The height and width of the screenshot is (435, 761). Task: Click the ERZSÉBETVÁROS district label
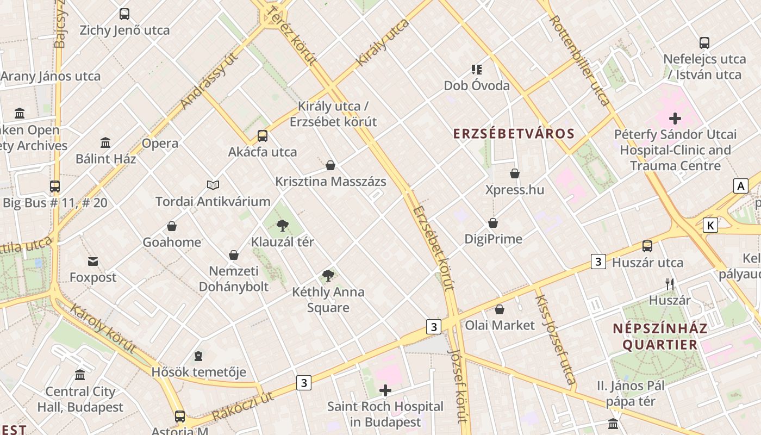tap(514, 134)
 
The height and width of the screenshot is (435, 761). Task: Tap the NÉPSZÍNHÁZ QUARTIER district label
tap(660, 337)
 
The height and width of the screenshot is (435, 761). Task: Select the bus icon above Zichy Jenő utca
tap(124, 14)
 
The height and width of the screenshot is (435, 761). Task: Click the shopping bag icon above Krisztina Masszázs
tap(330, 165)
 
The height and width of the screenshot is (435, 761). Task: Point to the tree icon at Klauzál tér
tap(282, 226)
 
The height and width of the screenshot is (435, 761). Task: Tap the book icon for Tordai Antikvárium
tap(213, 186)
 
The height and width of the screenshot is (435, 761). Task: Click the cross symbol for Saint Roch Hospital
tap(385, 390)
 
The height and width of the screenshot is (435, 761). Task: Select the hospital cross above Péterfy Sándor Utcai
tap(675, 118)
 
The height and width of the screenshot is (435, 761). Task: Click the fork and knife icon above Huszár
tap(670, 284)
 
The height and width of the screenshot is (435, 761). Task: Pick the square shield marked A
tap(740, 186)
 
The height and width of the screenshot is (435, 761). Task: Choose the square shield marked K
tap(710, 225)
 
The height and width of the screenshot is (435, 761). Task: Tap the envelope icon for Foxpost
tap(93, 262)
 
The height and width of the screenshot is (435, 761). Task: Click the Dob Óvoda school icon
tap(477, 70)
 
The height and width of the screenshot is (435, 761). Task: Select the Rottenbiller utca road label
tap(579, 60)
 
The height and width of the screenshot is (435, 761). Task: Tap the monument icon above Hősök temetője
tap(198, 356)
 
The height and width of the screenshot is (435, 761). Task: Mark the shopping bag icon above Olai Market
tap(500, 309)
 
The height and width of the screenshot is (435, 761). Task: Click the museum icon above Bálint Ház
tap(105, 143)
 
